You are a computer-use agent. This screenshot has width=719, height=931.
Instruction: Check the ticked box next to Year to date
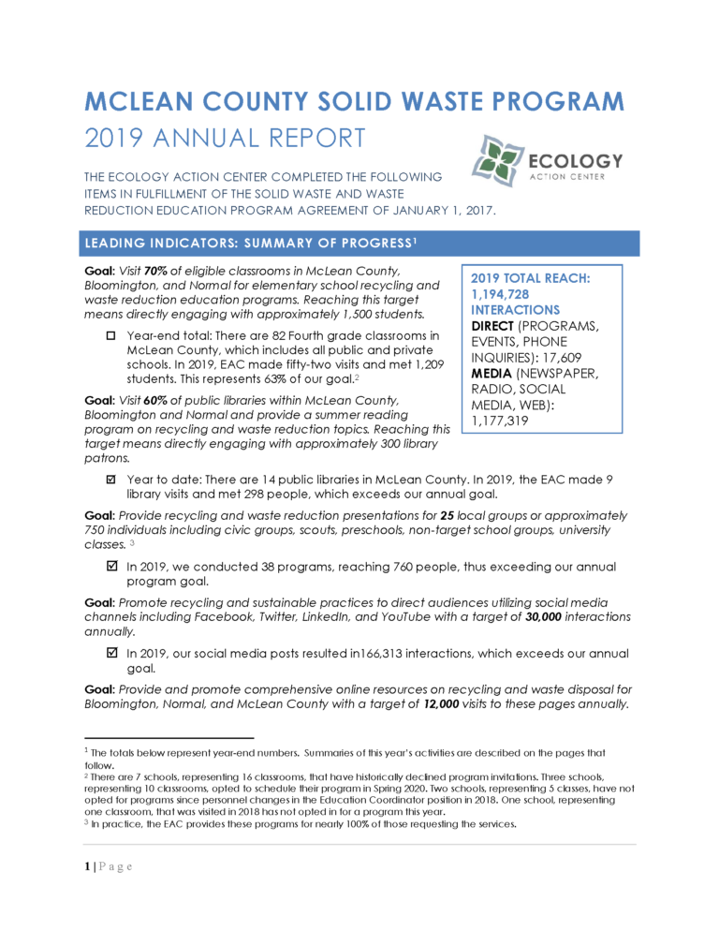pos(110,480)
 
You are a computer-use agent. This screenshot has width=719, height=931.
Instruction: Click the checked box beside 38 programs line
pos(110,566)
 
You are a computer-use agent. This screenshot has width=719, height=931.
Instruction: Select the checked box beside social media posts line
pos(110,653)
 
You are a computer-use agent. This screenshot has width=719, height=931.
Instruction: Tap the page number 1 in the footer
pos(86,864)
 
